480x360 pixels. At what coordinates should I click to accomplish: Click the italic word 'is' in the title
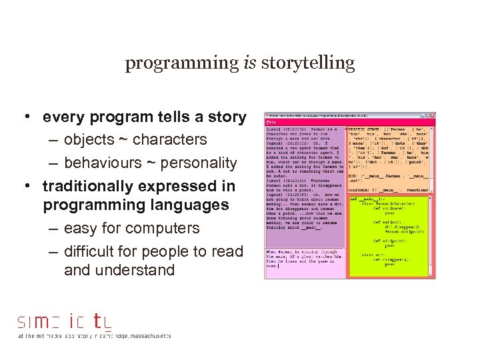[249, 63]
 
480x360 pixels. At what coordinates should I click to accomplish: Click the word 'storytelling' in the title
[308, 64]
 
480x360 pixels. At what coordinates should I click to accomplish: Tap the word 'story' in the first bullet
[226, 117]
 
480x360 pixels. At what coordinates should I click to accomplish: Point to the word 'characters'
[170, 140]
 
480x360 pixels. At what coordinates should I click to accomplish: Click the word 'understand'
[139, 270]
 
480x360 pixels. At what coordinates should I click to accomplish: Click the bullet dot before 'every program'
[23, 117]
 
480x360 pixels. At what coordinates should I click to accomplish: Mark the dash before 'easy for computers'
[53, 228]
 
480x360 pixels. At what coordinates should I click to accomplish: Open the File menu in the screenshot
[271, 122]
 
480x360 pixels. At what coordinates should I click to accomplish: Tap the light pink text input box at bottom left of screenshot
[305, 263]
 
